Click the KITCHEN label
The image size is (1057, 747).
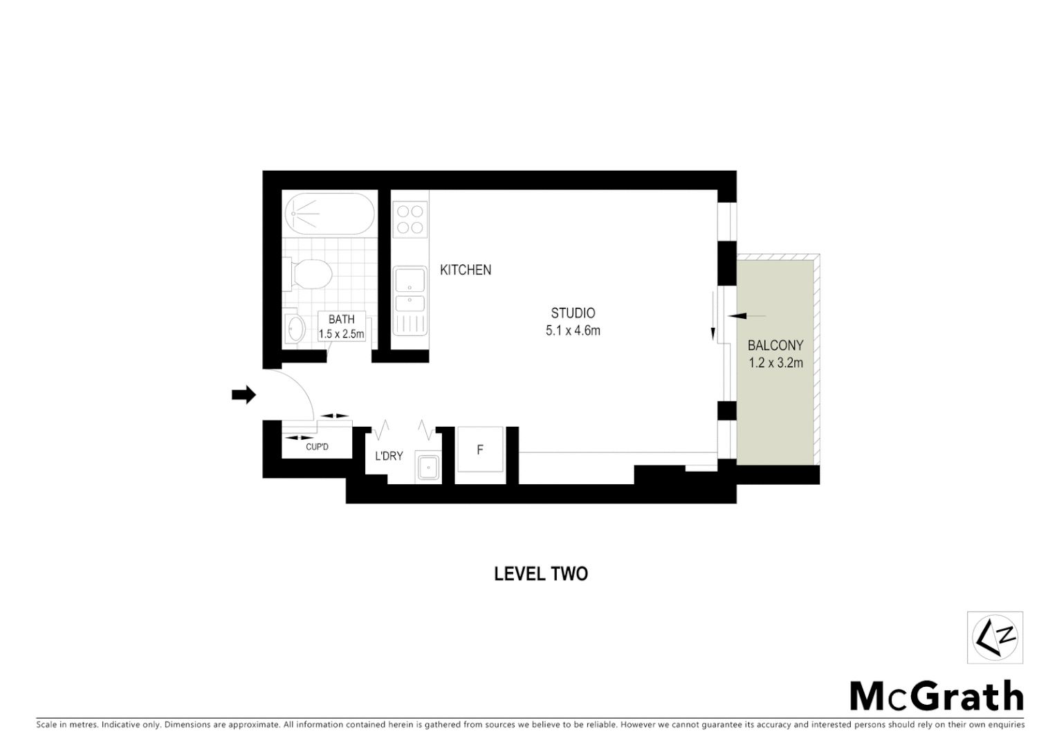(x=466, y=270)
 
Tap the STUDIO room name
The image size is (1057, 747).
(x=573, y=313)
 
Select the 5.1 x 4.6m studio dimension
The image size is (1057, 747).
(x=573, y=331)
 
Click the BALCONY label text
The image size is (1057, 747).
(x=775, y=345)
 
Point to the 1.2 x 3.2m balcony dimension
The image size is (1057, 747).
(x=775, y=362)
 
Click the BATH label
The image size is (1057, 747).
(x=341, y=319)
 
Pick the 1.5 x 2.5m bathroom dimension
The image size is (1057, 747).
(x=341, y=334)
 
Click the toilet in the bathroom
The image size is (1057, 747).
(x=309, y=273)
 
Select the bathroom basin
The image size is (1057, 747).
(x=295, y=329)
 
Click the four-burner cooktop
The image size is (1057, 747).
(x=409, y=219)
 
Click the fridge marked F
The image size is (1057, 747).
(x=480, y=450)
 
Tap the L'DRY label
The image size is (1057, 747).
(x=389, y=456)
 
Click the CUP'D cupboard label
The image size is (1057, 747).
(x=317, y=447)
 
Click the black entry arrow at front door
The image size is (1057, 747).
(x=243, y=395)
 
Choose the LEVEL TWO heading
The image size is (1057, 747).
(x=541, y=573)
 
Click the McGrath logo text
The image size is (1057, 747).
(x=936, y=696)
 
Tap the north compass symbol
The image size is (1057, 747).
(x=995, y=638)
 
